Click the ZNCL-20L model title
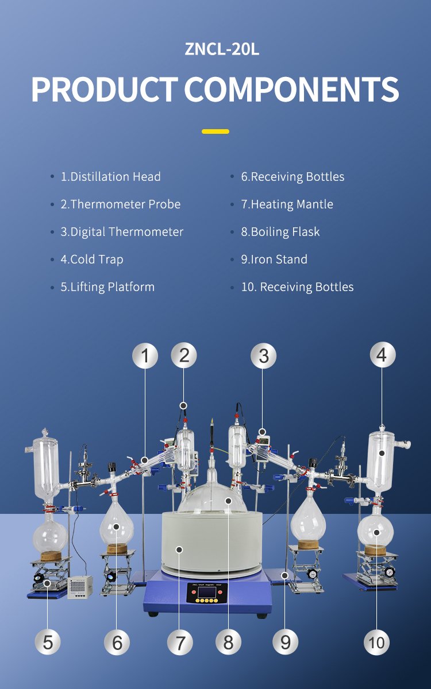(222, 49)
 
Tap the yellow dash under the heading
(215, 131)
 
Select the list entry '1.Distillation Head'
(110, 177)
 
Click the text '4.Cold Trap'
(92, 260)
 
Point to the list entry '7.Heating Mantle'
(287, 204)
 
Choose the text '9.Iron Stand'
(274, 260)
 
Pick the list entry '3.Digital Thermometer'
(122, 231)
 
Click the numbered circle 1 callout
(145, 355)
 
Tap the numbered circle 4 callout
(383, 355)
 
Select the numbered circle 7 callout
(180, 643)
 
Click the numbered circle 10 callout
(376, 643)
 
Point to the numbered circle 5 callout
(47, 643)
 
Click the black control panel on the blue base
(207, 593)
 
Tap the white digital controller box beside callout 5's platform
(80, 587)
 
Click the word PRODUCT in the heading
(105, 89)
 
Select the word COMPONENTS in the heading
(291, 89)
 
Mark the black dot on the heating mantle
(180, 549)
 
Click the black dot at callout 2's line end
(183, 406)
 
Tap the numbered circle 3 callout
(264, 355)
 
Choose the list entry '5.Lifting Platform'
(107, 287)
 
